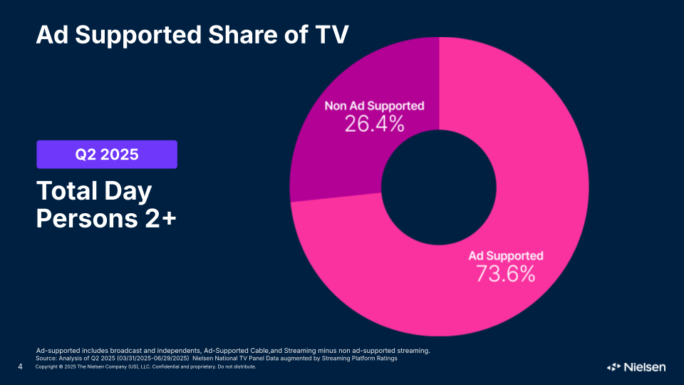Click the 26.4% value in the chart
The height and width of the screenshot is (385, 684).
pyautogui.click(x=374, y=124)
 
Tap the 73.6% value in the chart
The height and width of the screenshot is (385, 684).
pyautogui.click(x=505, y=273)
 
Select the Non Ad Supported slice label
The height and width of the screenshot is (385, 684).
pyautogui.click(x=374, y=106)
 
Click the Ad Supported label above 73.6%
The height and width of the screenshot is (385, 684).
pyautogui.click(x=505, y=256)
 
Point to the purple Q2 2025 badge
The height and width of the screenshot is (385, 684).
pyautogui.click(x=107, y=154)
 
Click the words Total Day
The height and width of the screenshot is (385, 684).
pyautogui.click(x=94, y=191)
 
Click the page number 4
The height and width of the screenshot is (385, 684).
pyautogui.click(x=21, y=367)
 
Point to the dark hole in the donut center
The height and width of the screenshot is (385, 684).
pyautogui.click(x=439, y=187)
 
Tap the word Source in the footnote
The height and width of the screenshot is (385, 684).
pyautogui.click(x=48, y=358)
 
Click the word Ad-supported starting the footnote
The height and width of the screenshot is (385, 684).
pyautogui.click(x=58, y=351)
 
